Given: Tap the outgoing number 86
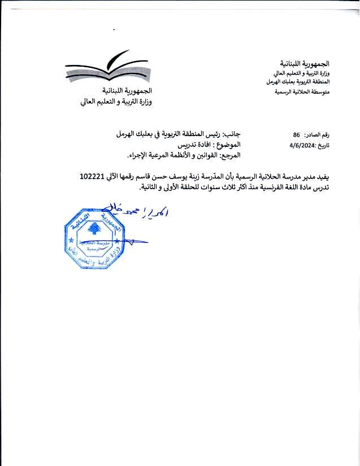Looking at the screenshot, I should [296, 136].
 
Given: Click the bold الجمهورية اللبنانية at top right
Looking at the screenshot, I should [305, 63].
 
